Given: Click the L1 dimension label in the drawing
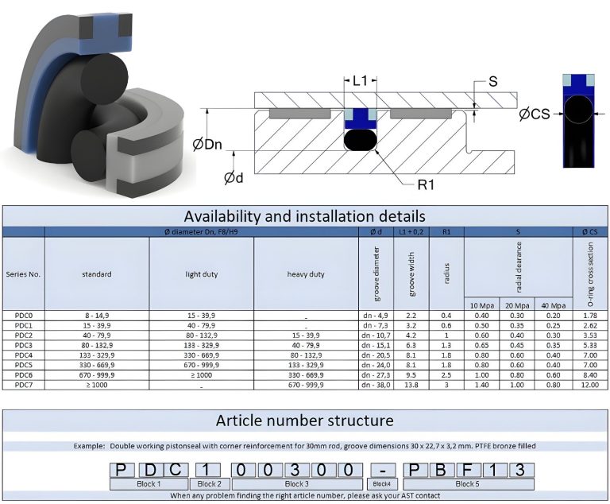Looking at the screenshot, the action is (360, 81).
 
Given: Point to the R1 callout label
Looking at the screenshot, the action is (426, 184).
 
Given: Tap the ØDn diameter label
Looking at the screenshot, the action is (207, 145).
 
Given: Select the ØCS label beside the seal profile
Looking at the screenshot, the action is (535, 114).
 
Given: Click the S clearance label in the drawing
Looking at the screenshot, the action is (492, 81).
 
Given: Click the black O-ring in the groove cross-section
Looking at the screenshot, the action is (361, 140).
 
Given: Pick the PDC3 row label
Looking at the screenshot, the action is (23, 346).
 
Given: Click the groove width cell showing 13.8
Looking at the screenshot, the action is (411, 385).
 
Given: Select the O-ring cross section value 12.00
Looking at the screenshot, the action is (590, 385).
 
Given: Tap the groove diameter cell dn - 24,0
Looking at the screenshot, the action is (376, 365).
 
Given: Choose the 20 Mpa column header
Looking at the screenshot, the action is (517, 306).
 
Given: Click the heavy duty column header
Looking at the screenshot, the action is (306, 274).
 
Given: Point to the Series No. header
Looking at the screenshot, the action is (23, 274).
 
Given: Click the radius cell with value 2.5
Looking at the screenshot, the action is (446, 375).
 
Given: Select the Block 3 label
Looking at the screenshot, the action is (297, 484).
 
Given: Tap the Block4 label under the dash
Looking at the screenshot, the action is (381, 484).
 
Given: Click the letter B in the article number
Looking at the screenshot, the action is (440, 470).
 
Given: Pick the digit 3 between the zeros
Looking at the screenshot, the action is (295, 470).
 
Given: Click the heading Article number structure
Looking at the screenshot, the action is (305, 421).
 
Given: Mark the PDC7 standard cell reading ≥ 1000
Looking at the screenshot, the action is (96, 385).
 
